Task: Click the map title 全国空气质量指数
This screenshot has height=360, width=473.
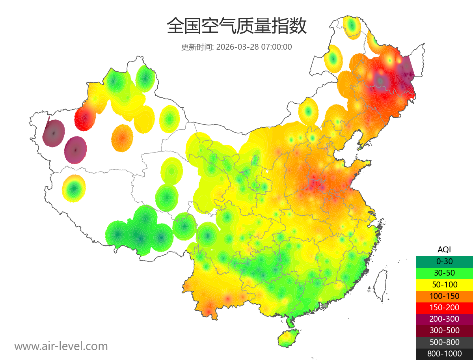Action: [x=236, y=26]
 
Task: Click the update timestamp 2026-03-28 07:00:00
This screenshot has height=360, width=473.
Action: [x=236, y=47]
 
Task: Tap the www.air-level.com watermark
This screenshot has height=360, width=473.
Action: [x=61, y=346]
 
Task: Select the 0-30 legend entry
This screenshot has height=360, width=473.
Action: [x=444, y=261]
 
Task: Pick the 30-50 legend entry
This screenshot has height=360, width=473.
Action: [x=444, y=273]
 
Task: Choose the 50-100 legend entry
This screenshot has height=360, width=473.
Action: [x=444, y=284]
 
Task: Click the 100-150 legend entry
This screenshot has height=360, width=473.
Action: [x=444, y=296]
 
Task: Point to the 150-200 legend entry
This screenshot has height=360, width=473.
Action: [x=444, y=308]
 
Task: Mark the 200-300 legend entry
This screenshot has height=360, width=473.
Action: [x=444, y=319]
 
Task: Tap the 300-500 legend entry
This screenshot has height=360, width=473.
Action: [x=444, y=330]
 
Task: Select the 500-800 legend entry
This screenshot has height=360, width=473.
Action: [x=444, y=342]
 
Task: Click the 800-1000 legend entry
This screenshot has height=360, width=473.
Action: [x=444, y=354]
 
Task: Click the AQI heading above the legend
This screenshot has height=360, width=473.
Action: [x=444, y=250]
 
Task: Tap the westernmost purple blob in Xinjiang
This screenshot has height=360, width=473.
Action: [x=54, y=133]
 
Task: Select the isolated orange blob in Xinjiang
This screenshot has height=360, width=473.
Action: [x=122, y=138]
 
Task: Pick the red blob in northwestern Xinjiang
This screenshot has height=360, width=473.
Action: [x=85, y=117]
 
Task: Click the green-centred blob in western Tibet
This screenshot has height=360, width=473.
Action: [x=74, y=188]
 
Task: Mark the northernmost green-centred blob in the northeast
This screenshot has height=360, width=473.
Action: [x=352, y=27]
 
